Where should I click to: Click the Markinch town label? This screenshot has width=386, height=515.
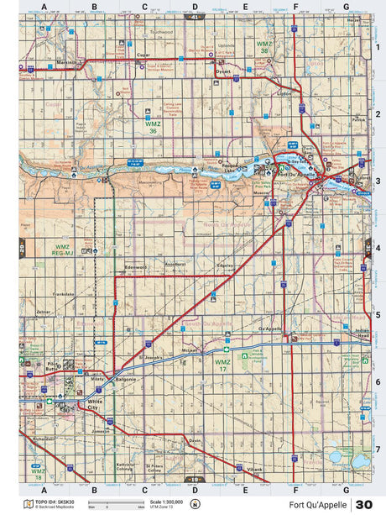click(x=67, y=62)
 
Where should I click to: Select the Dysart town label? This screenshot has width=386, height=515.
click(x=222, y=71)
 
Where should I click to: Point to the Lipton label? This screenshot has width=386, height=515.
click(x=284, y=93)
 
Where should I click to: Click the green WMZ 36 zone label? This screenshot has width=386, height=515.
click(x=152, y=127)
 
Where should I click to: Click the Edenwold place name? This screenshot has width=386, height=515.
click(x=135, y=268)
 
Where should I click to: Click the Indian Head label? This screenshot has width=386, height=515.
click(x=362, y=333)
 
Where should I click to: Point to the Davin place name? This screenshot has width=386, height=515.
click(x=195, y=439)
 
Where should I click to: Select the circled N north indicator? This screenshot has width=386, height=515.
click(x=195, y=504)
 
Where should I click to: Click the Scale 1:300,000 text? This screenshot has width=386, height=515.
click(x=165, y=502)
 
